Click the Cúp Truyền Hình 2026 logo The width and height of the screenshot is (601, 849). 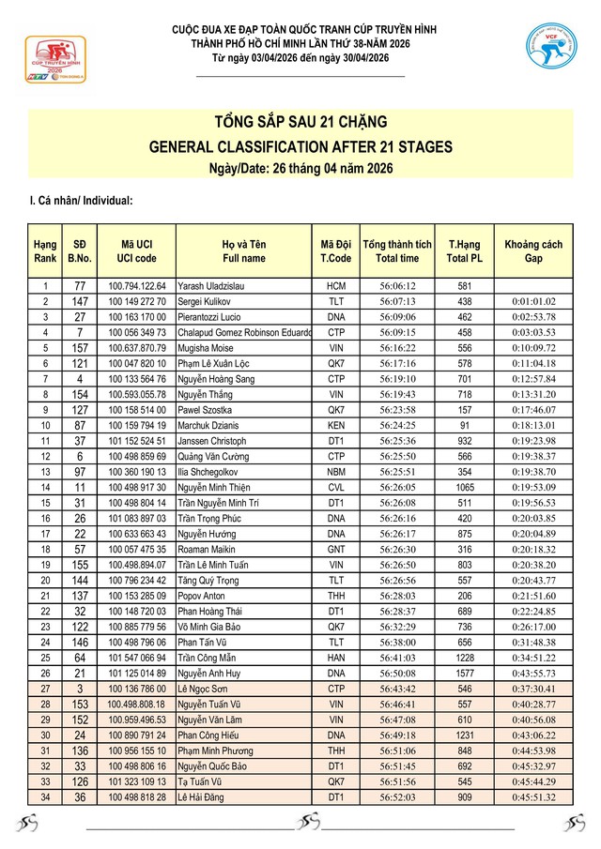(x=54, y=62)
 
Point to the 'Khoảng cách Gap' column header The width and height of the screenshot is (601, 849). (x=533, y=251)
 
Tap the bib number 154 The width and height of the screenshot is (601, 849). (x=80, y=394)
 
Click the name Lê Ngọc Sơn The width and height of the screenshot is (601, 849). (x=202, y=690)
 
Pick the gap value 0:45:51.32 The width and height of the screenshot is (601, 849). (x=533, y=798)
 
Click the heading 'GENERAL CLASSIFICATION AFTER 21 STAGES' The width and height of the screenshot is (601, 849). (x=300, y=147)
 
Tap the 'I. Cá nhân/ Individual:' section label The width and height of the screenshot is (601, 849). (x=82, y=200)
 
